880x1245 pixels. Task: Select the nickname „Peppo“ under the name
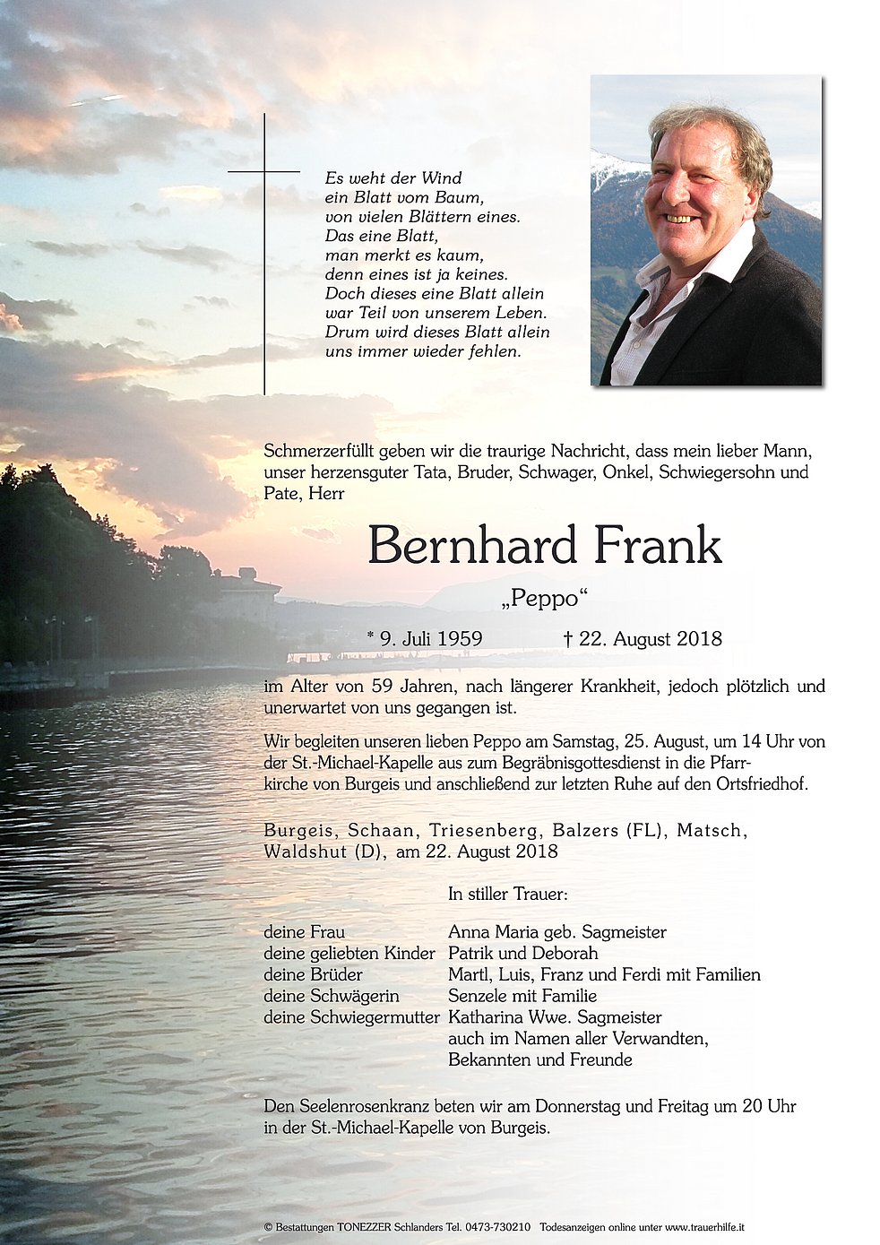[x=544, y=599]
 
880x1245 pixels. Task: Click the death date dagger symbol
[x=567, y=638]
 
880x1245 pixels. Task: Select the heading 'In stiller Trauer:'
[x=508, y=894]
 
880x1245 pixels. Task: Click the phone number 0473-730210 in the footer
[x=500, y=1226]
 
